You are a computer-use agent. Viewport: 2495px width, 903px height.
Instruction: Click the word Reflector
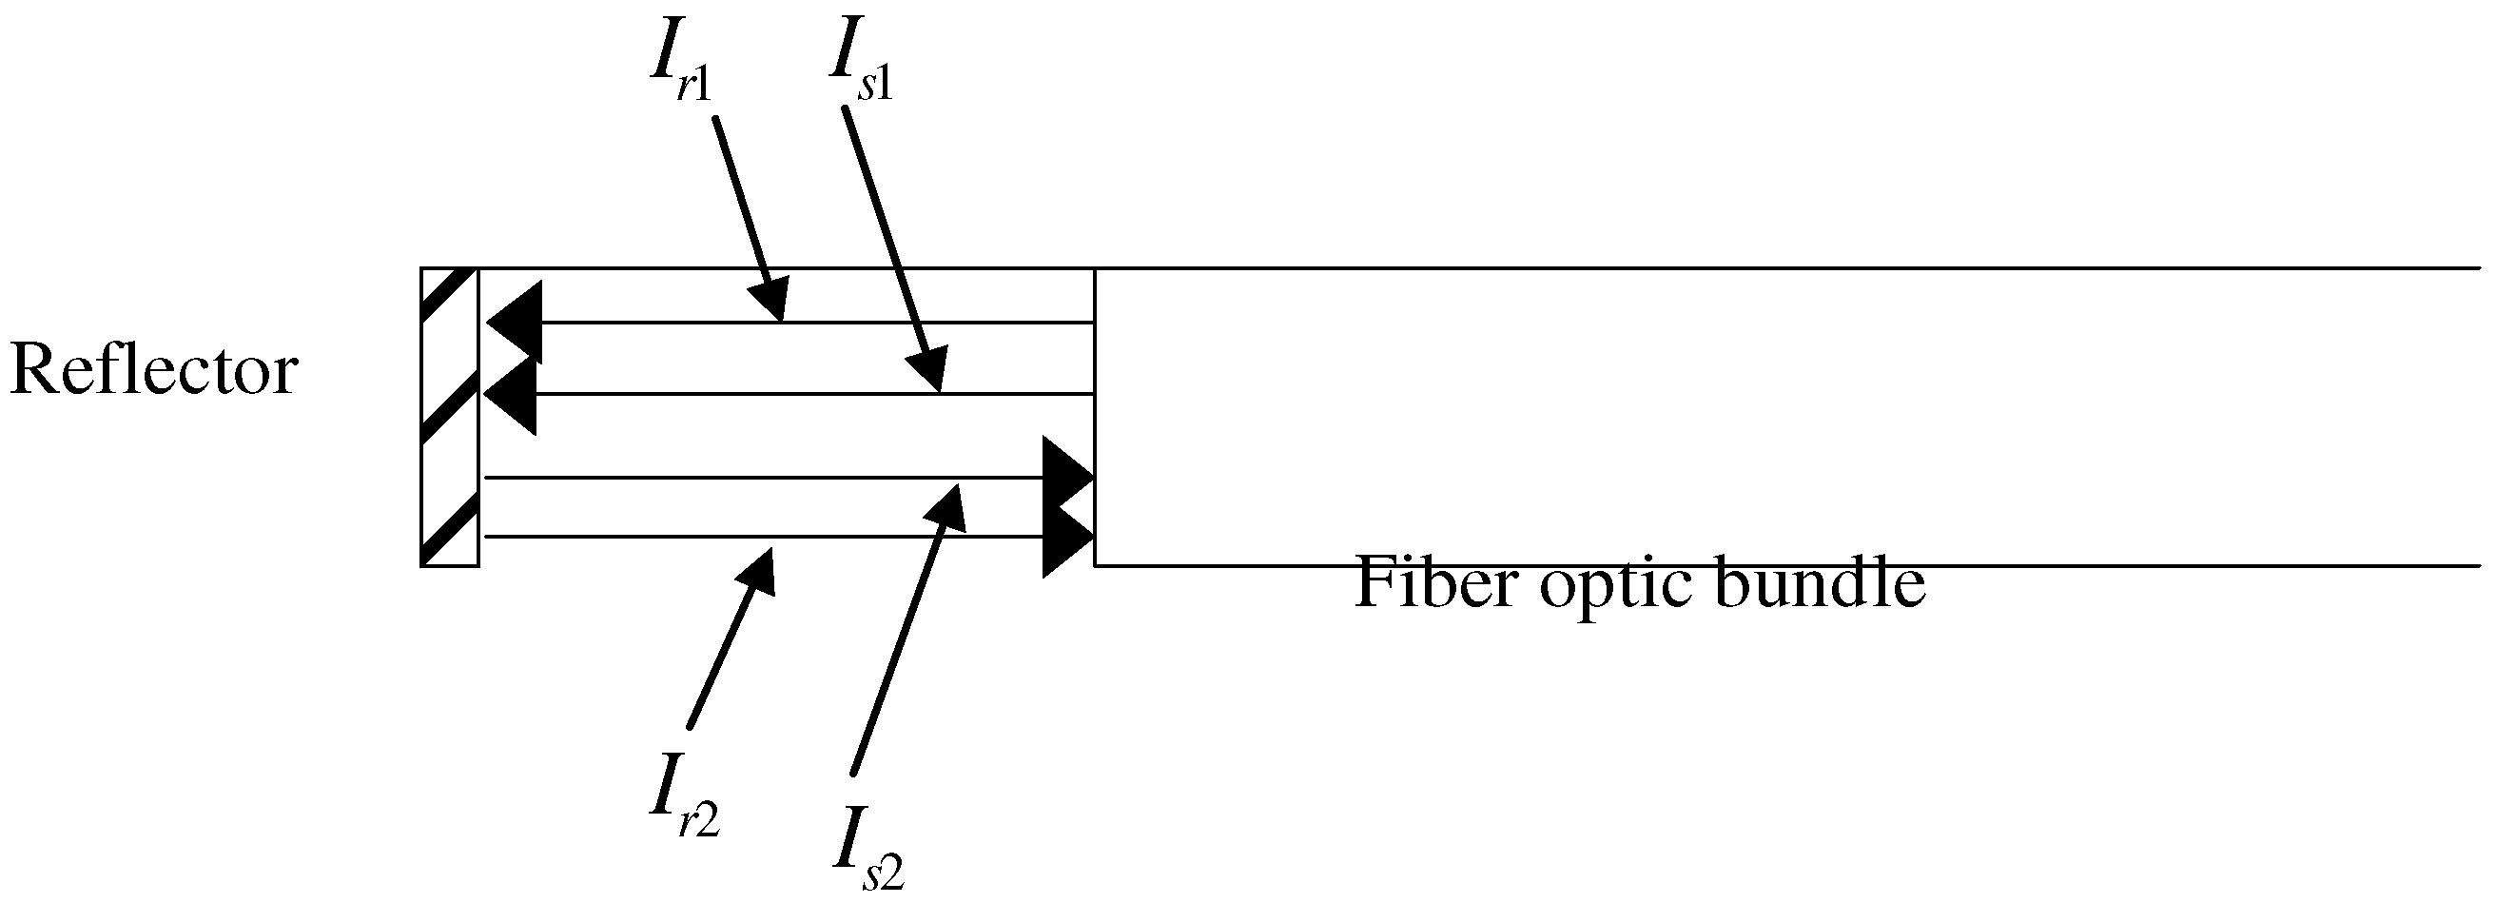(153, 371)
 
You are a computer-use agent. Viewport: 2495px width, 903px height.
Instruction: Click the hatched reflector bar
(448, 417)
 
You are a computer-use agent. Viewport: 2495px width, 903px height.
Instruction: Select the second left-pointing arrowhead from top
(511, 394)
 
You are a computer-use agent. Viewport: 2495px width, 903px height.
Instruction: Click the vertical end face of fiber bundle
(1095, 417)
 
